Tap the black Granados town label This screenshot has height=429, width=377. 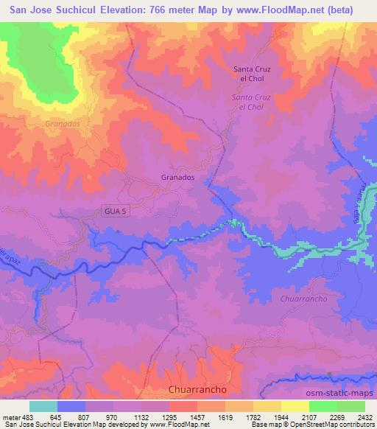click(177, 178)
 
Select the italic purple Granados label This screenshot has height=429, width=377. click(62, 124)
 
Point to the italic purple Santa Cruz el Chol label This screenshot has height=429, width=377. click(251, 102)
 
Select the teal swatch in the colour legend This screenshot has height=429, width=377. click(43, 406)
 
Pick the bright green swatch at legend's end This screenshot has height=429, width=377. click(351, 406)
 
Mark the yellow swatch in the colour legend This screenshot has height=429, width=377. click(295, 406)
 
